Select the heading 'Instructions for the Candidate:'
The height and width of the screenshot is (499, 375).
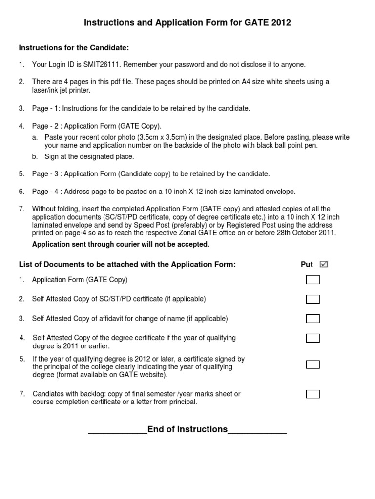tap(74, 47)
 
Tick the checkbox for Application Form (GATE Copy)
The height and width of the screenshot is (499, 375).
tap(312, 280)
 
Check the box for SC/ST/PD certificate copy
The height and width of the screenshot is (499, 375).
tap(312, 299)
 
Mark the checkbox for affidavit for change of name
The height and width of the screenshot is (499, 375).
tap(312, 319)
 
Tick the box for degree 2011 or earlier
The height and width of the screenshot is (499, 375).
tap(312, 338)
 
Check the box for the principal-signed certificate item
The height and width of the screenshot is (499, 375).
tap(312, 365)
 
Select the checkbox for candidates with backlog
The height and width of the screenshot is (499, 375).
tap(312, 394)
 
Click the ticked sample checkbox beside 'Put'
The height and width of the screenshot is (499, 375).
tap(323, 264)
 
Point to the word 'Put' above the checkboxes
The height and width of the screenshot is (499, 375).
tap(307, 265)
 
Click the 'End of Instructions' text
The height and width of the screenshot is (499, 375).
tap(187, 429)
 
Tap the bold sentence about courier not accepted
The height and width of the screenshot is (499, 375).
tap(121, 244)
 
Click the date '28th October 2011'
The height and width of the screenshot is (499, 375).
tap(310, 233)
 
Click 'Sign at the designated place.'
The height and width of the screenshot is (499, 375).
tap(89, 156)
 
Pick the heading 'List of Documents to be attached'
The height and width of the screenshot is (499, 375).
tap(127, 265)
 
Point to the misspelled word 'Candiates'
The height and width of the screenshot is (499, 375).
tap(48, 394)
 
